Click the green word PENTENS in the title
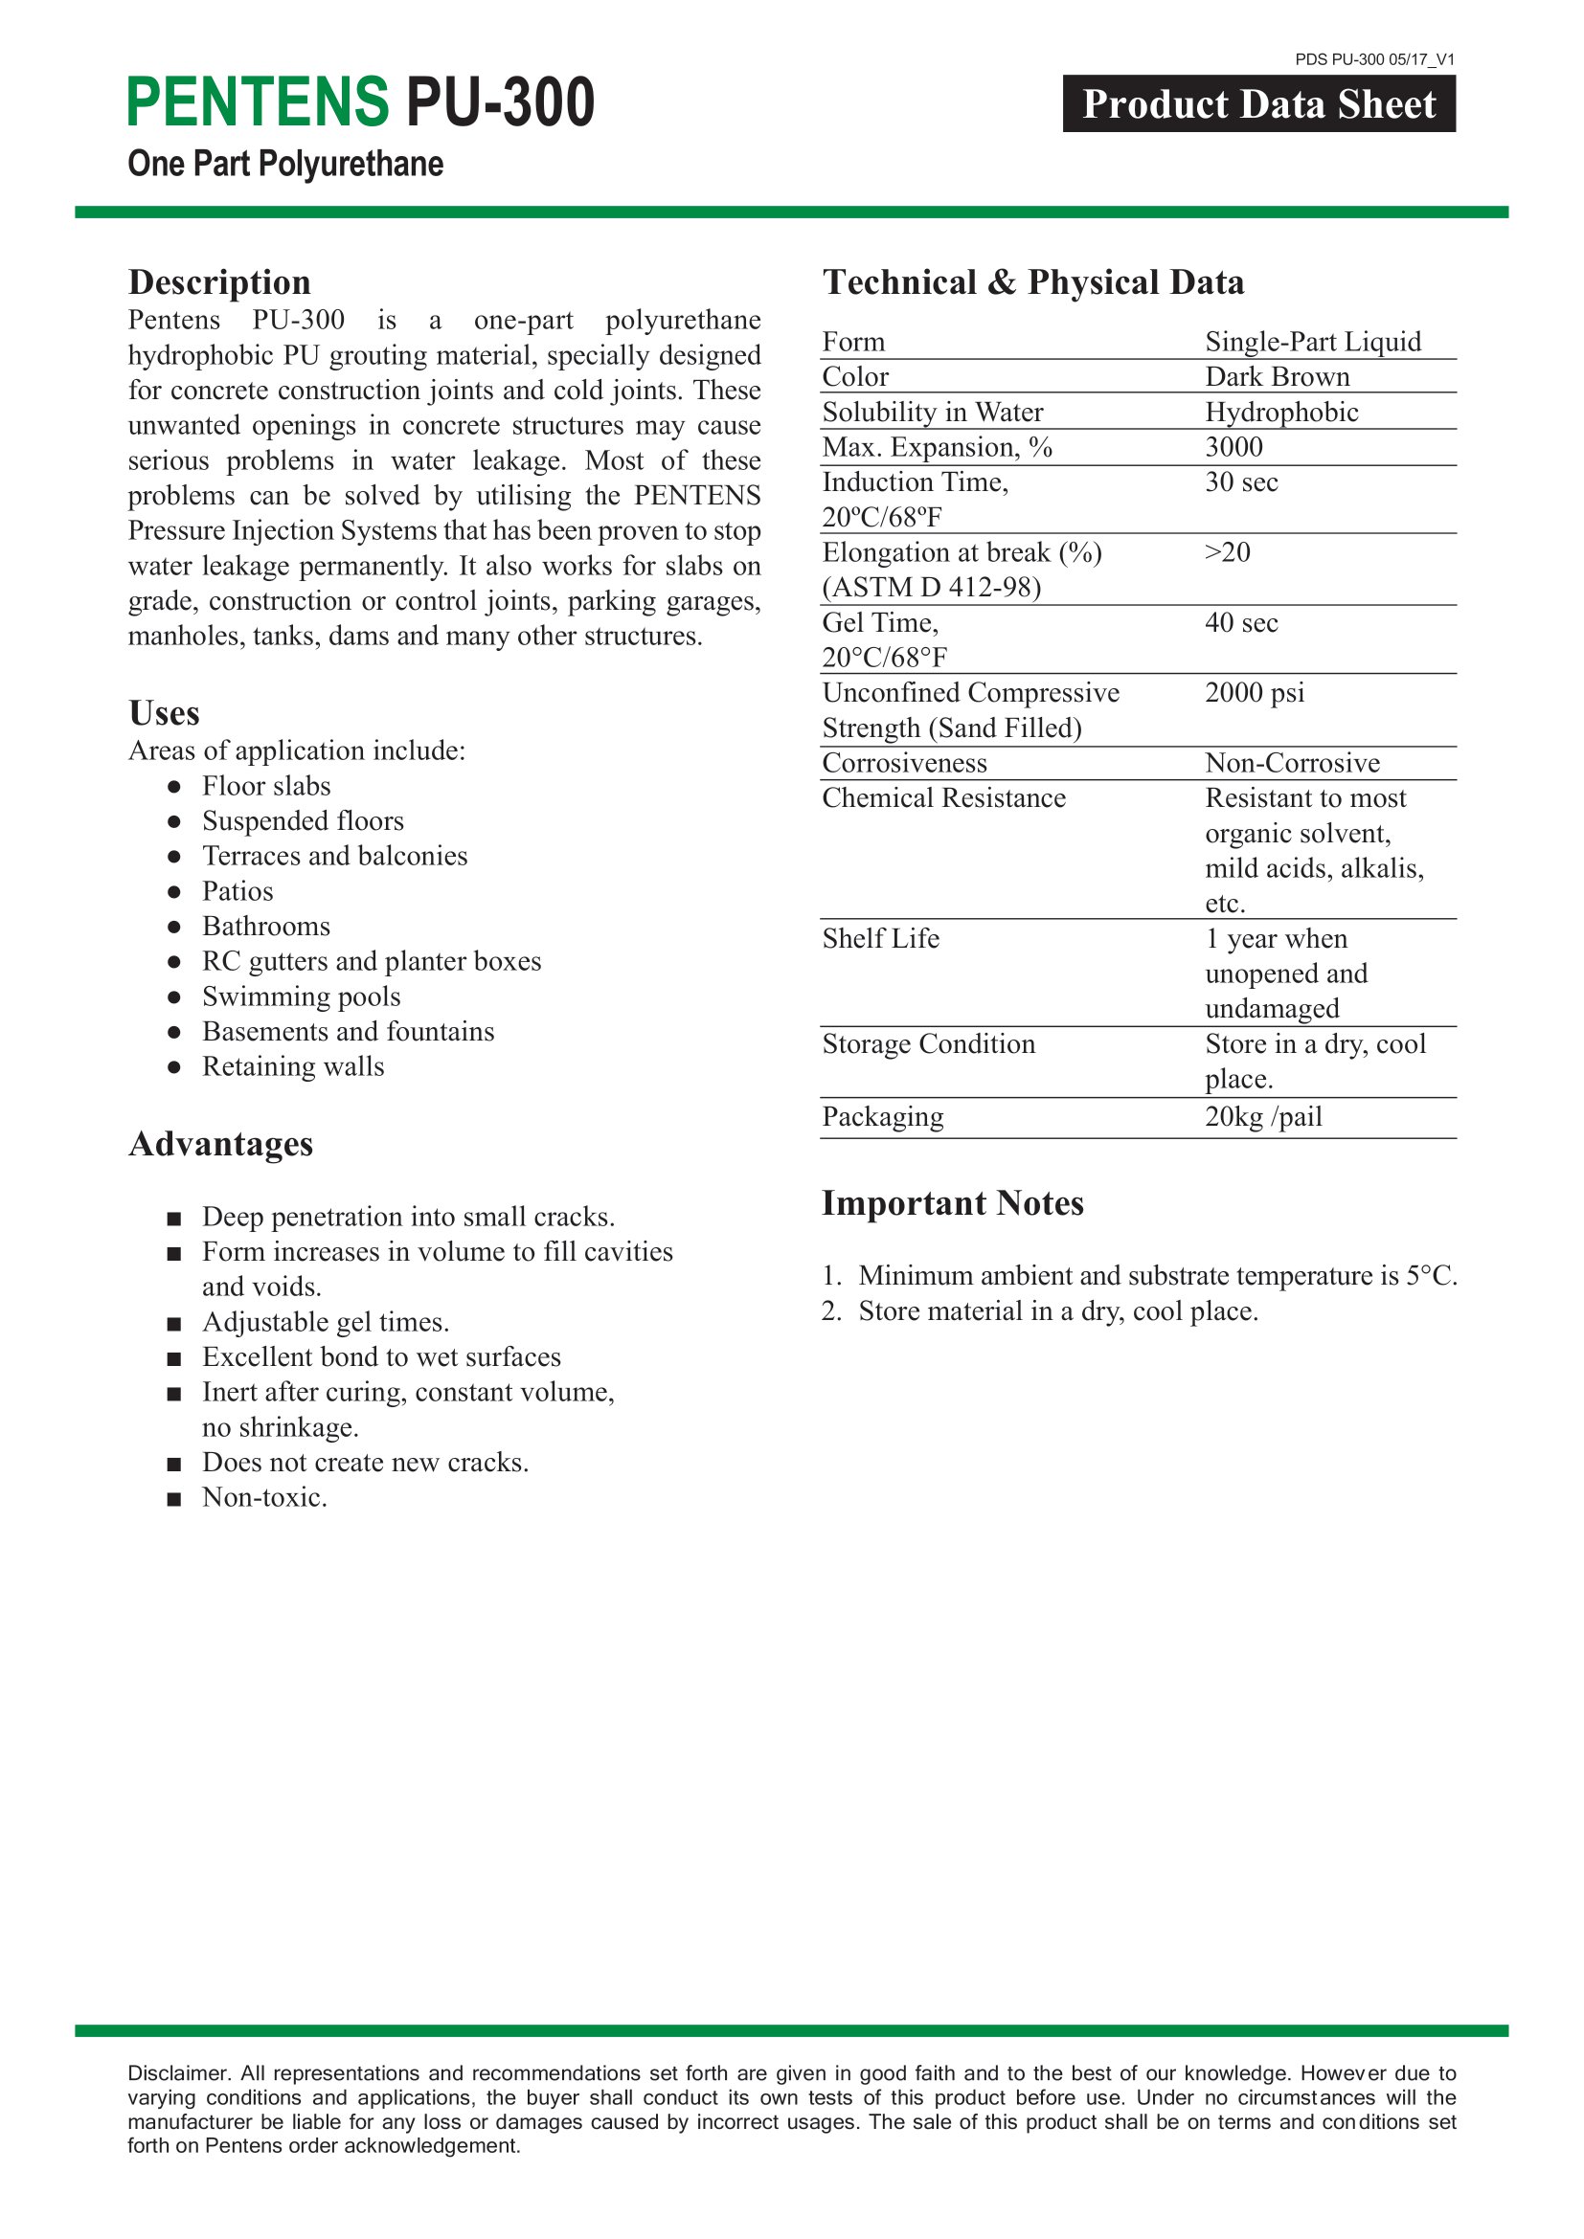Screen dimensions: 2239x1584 coord(258,102)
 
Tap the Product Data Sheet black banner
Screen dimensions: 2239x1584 coord(1258,104)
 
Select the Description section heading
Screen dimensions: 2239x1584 coord(219,281)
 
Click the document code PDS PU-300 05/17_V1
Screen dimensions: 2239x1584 coord(1374,59)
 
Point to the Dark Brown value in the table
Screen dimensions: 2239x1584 coord(1277,376)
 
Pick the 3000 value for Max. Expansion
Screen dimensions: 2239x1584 coord(1233,447)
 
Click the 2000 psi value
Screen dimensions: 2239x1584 coord(1255,692)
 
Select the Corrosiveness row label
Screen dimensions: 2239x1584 coord(904,763)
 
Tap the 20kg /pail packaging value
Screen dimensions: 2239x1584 coord(1263,1115)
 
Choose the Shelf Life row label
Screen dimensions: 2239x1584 coord(881,938)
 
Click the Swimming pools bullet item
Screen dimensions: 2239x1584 coord(302,996)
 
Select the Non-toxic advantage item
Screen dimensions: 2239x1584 coord(264,1497)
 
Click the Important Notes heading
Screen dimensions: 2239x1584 coord(952,1203)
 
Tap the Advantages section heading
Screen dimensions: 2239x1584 coord(221,1144)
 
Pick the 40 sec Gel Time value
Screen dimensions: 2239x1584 coord(1240,622)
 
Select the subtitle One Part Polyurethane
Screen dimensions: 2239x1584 coord(285,164)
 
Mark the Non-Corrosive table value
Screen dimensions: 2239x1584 coord(1292,763)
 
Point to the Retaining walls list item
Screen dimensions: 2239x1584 coord(294,1066)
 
